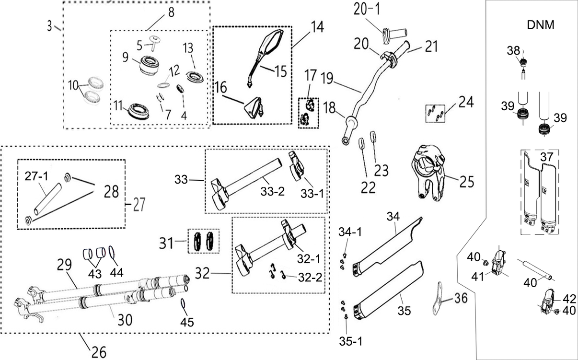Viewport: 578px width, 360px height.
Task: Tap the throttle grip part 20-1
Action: coord(394,35)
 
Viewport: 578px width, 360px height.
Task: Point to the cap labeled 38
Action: coord(523,61)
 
